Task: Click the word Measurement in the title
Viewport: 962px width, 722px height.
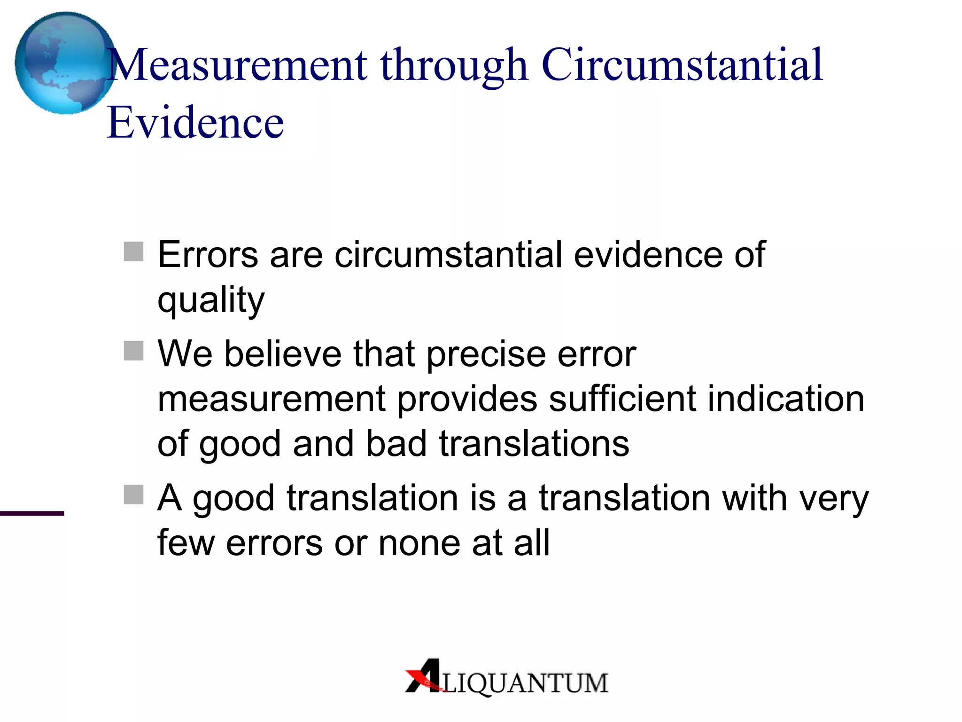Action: [x=238, y=65]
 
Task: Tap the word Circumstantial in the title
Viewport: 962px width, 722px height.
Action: [x=682, y=65]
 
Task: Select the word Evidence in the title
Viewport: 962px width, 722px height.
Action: [x=195, y=123]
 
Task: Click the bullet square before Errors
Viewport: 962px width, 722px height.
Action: [x=133, y=251]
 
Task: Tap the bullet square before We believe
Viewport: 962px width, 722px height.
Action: [x=133, y=351]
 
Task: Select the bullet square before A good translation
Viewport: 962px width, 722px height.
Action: [x=133, y=494]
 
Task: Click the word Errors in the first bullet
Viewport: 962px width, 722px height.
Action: [x=208, y=255]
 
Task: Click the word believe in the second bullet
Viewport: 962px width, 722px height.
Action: [x=283, y=353]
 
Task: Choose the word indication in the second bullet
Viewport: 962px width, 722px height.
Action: [x=786, y=399]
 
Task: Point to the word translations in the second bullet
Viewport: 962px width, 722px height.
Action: [x=534, y=444]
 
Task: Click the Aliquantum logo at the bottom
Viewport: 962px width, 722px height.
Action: [x=506, y=678]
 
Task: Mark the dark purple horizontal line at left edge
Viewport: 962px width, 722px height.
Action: [x=32, y=513]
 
